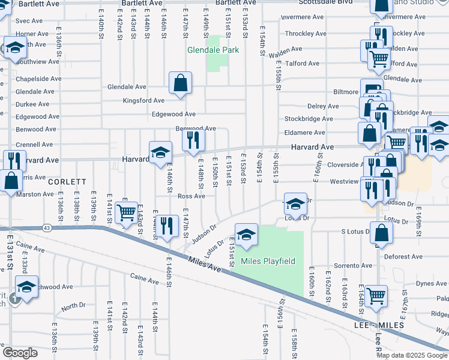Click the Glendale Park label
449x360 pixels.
[213, 50]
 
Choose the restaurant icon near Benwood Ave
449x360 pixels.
[194, 140]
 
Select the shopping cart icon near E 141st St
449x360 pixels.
[126, 212]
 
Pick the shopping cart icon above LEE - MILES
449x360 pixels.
[376, 295]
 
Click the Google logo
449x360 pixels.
[20, 352]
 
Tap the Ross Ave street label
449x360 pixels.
[191, 196]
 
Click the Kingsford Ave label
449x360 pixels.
[143, 101]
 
